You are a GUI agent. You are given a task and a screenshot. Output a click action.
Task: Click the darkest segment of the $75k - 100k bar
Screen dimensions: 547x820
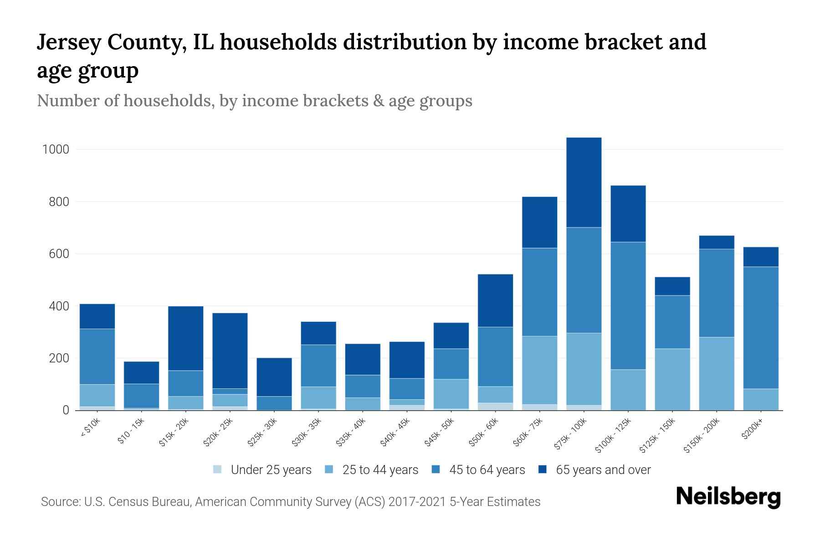point(584,182)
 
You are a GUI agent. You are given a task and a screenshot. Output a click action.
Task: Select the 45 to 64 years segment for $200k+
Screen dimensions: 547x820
point(761,327)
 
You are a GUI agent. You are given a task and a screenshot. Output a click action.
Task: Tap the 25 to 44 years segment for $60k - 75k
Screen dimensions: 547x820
point(539,370)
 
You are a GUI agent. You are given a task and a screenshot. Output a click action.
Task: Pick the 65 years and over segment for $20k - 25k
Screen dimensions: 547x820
point(230,351)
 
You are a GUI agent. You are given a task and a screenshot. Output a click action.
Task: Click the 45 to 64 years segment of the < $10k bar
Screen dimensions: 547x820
point(97,356)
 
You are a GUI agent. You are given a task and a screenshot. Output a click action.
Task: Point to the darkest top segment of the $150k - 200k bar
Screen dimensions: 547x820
point(717,242)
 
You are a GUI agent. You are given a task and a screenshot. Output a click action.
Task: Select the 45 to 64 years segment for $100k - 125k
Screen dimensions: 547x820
point(628,305)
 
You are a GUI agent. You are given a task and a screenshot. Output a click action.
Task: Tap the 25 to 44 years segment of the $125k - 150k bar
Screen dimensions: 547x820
point(672,379)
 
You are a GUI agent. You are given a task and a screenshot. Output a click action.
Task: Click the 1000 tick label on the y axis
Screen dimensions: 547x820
point(56,150)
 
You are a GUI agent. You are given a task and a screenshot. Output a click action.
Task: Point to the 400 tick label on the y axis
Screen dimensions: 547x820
point(59,306)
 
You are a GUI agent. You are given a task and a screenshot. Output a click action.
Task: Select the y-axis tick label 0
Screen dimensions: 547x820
point(66,410)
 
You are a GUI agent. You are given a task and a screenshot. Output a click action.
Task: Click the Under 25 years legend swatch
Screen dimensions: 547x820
point(218,470)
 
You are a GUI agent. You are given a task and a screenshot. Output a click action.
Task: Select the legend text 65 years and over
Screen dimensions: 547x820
point(603,470)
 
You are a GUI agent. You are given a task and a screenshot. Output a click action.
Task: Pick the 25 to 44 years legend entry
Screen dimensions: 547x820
point(380,470)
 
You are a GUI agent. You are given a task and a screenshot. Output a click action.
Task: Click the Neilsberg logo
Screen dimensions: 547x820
point(728,497)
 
